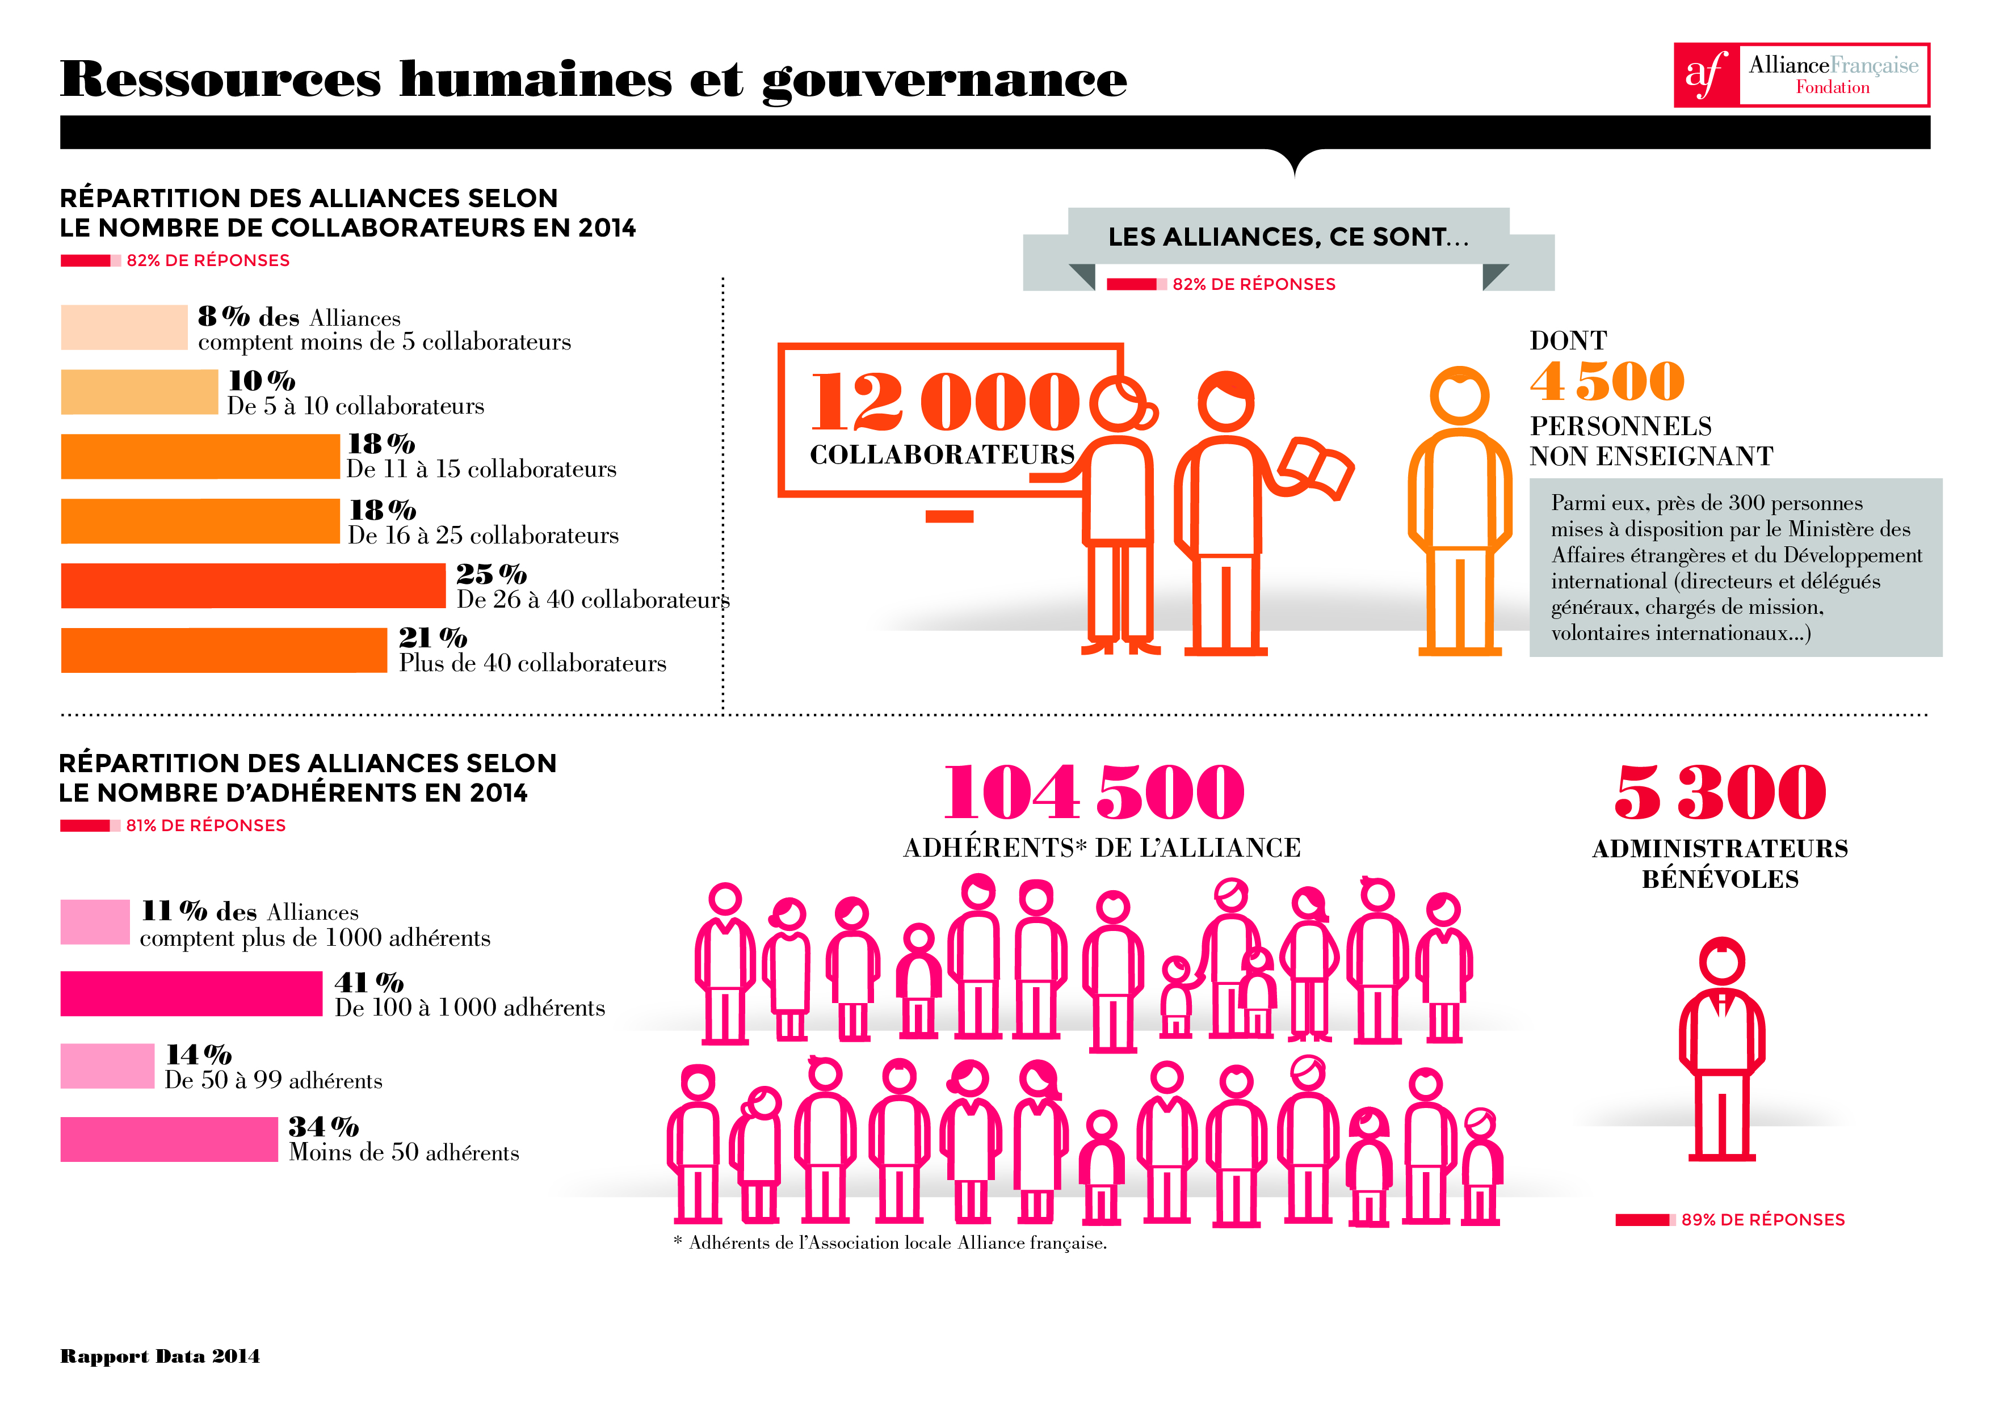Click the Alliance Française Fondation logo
(1800, 75)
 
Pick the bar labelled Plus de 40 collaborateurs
(224, 650)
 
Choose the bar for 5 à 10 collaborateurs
(138, 392)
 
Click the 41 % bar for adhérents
(191, 993)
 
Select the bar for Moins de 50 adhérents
(169, 1139)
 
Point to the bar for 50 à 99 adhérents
(107, 1066)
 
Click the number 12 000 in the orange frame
(943, 401)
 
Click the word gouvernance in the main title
(944, 80)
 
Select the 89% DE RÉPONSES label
(1762, 1220)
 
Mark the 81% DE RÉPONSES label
(205, 825)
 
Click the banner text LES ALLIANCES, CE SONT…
(1288, 237)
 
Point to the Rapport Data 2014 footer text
(161, 1356)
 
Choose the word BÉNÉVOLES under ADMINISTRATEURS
(1720, 879)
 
